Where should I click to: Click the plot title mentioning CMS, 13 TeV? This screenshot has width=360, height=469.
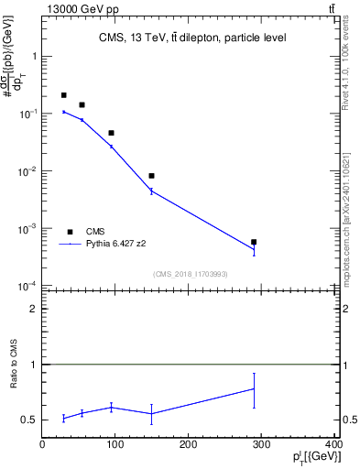click(192, 38)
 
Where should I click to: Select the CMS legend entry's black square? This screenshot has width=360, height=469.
click(70, 232)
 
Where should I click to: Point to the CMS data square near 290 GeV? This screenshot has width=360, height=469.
click(254, 242)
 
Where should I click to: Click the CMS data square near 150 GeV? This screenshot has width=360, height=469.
click(151, 176)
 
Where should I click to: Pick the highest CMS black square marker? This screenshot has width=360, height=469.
click(64, 95)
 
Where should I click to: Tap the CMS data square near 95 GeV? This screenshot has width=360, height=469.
click(111, 133)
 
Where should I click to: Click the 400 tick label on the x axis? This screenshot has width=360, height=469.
click(333, 444)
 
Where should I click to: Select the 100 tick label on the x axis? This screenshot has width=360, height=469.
click(115, 444)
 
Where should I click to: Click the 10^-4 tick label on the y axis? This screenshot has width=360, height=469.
click(29, 286)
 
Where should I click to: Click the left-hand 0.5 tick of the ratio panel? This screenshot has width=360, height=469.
click(31, 420)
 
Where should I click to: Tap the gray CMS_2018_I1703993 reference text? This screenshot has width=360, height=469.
click(190, 273)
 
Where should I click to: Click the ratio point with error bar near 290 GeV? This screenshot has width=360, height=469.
click(254, 389)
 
